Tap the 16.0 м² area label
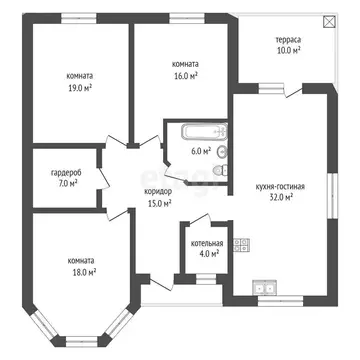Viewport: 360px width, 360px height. (x=184, y=74)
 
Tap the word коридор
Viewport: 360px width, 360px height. (x=158, y=191)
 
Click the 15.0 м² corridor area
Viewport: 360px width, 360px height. (x=158, y=203)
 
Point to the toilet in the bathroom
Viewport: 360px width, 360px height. (x=222, y=151)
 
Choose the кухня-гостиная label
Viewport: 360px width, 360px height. (x=281, y=186)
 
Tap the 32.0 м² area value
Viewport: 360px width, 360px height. (x=281, y=198)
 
